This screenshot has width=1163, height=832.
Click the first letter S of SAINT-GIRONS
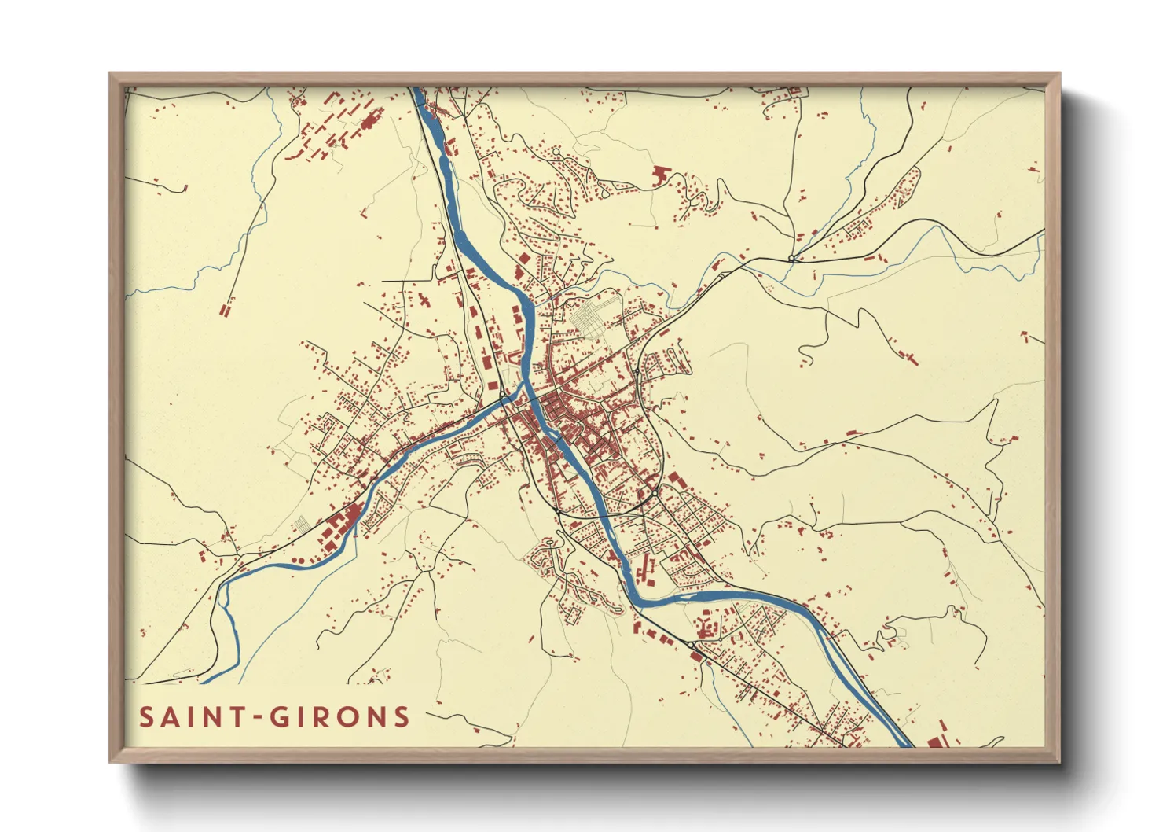tap(147, 716)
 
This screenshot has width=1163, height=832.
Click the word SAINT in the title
tap(192, 716)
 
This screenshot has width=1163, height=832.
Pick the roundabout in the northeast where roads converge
tap(791, 258)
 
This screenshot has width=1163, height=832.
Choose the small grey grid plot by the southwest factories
tap(301, 524)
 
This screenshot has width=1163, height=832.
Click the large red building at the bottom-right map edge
tap(934, 742)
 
